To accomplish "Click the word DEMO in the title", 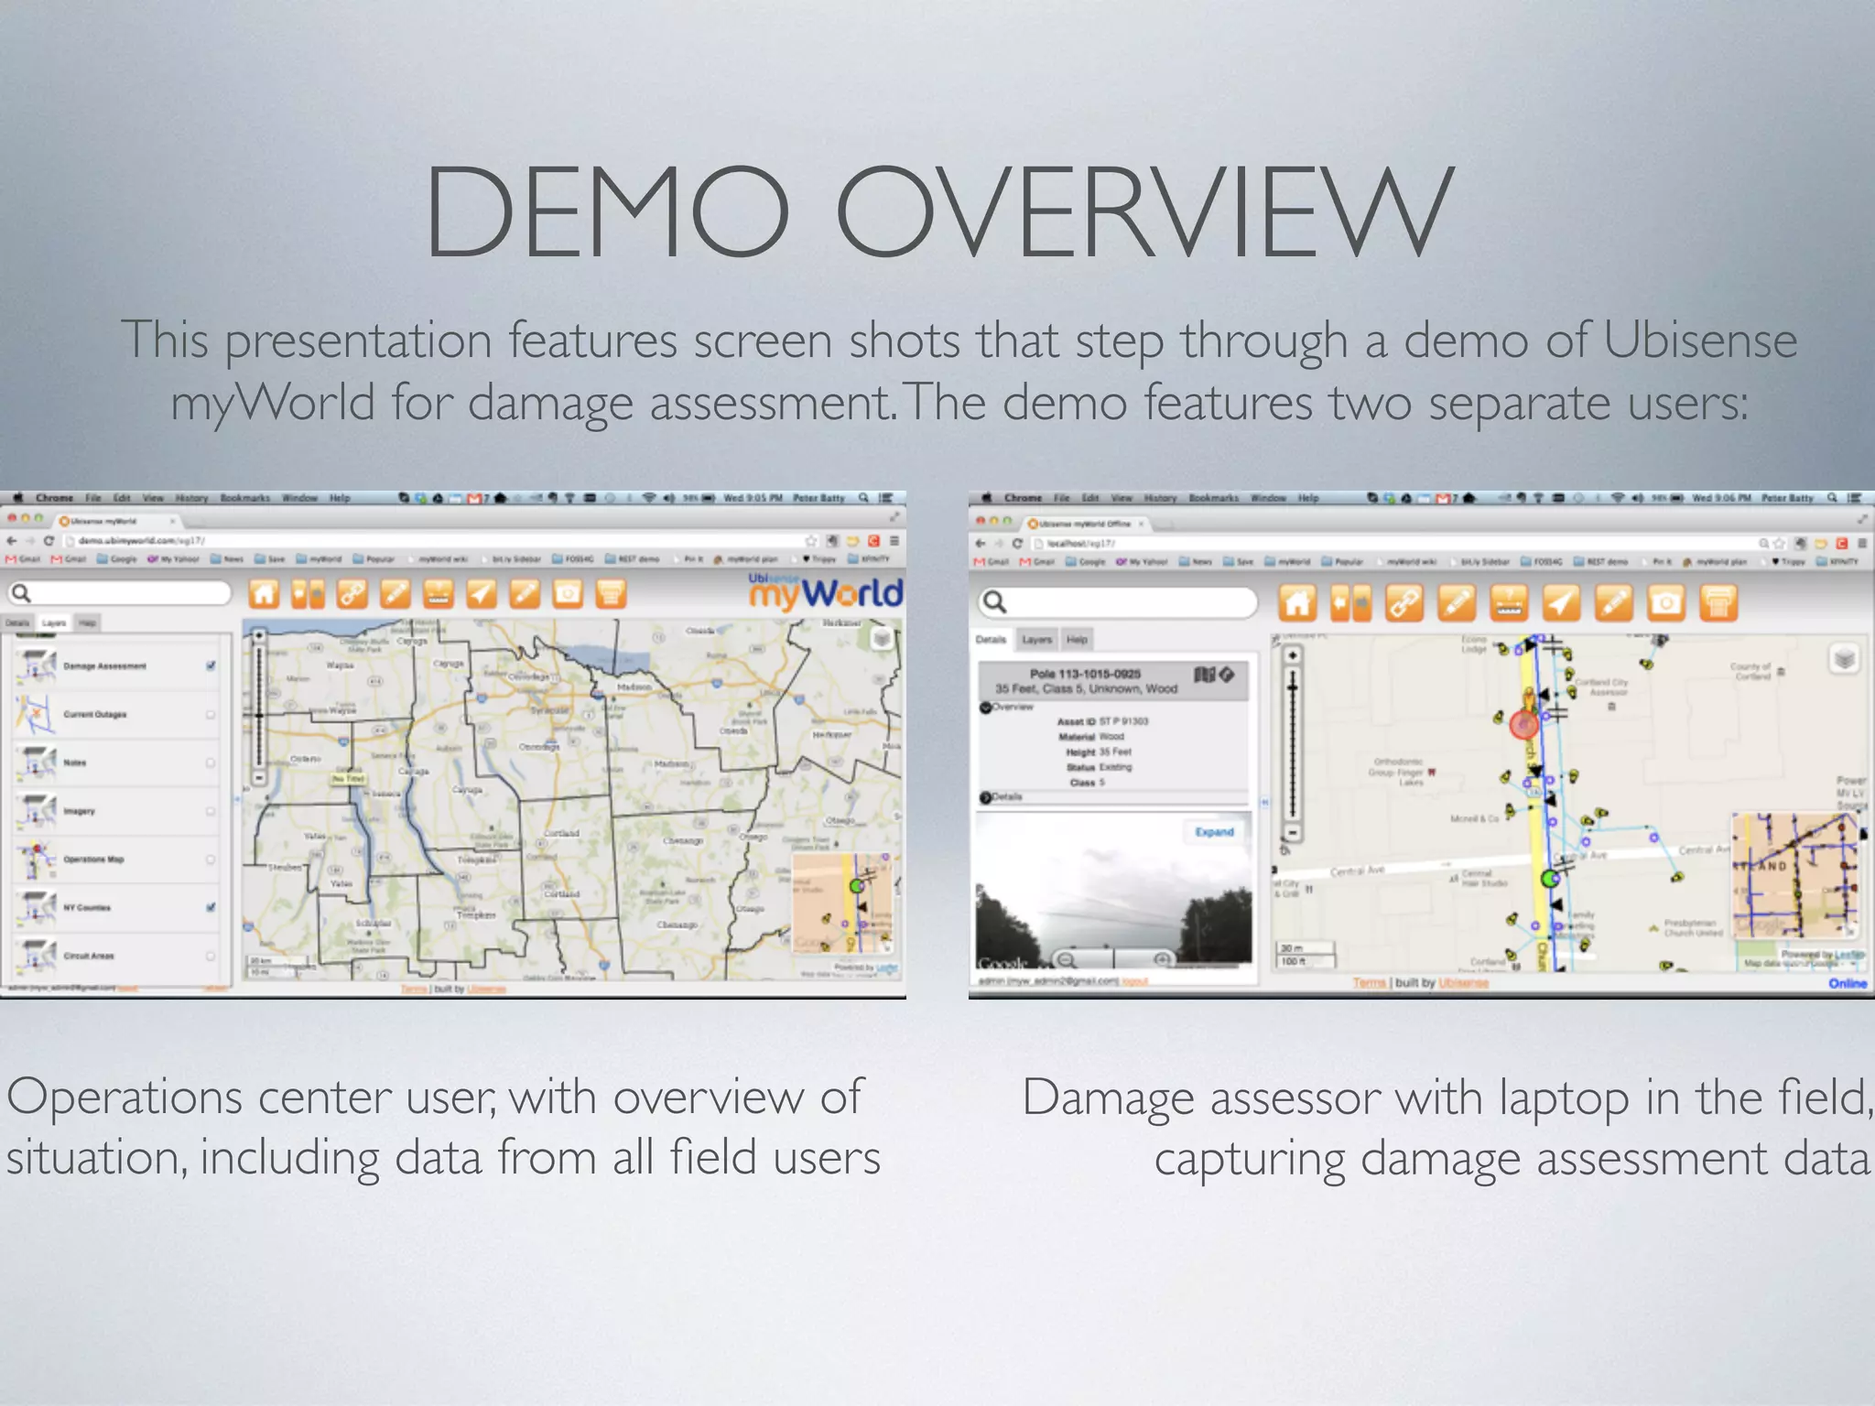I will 606,212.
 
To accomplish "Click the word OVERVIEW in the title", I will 1144,212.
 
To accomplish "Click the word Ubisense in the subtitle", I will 1700,341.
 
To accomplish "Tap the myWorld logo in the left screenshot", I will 826,593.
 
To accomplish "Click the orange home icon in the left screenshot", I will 264,594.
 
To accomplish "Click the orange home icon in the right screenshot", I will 1298,602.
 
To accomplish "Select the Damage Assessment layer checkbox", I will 211,665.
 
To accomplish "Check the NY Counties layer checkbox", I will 211,907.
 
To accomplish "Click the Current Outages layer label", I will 95,714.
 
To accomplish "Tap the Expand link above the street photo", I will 1214,832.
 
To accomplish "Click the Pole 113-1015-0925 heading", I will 1085,674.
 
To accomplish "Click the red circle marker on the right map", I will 1524,725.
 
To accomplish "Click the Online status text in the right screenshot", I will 1847,983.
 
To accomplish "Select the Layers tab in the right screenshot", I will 1036,640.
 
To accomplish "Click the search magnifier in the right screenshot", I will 995,601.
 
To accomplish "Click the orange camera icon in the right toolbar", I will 1666,602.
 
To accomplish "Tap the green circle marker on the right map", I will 1550,879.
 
